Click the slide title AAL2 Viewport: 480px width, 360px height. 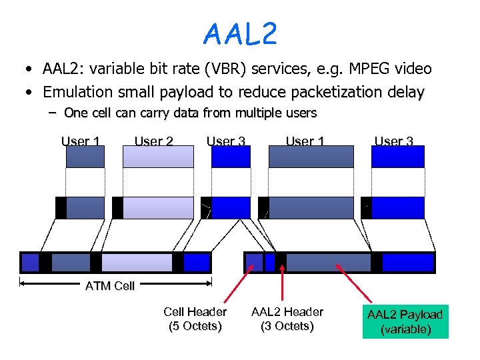[x=240, y=33]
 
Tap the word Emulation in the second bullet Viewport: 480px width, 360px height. [x=78, y=91]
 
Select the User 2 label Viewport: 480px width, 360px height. [x=154, y=141]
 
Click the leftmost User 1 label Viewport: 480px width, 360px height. [x=81, y=141]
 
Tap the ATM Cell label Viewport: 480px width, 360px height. [x=110, y=286]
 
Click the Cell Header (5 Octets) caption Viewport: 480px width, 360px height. [x=195, y=319]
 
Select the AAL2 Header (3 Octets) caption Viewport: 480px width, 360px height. [x=287, y=319]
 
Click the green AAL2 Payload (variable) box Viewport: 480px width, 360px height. [x=405, y=321]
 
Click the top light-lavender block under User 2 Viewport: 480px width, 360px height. [x=159, y=157]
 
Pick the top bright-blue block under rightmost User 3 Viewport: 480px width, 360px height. [x=398, y=157]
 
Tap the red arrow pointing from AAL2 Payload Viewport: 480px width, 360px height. [x=353, y=283]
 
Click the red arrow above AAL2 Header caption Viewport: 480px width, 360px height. [x=283, y=280]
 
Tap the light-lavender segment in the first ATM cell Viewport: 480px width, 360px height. [x=137, y=263]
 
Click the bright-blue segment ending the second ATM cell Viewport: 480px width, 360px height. [x=407, y=263]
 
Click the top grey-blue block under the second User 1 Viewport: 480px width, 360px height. [x=311, y=157]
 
